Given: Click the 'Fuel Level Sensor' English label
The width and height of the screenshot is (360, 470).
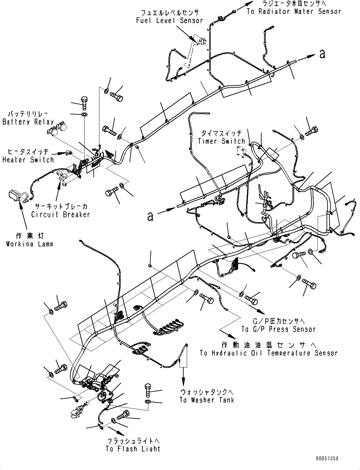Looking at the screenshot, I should point(169,21).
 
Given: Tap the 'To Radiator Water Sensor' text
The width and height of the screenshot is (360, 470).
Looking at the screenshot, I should point(294,12).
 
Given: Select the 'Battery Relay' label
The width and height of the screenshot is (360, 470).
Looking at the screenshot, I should point(28,122).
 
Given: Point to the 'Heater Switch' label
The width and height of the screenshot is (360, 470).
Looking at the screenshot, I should point(28,160).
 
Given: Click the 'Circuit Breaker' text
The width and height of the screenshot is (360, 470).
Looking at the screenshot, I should point(61,215).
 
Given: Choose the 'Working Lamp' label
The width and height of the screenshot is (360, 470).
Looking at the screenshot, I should point(29,244).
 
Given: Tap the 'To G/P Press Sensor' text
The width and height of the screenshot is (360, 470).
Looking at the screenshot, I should point(279,329).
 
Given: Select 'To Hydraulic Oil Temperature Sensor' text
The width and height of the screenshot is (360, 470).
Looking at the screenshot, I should point(269,353).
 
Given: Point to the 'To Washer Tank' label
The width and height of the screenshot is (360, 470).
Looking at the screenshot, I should point(207,400).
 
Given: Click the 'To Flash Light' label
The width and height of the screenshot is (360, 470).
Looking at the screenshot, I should point(133,449).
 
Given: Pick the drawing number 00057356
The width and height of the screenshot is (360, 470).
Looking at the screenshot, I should point(326,459).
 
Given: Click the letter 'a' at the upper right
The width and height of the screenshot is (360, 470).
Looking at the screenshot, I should point(322,54).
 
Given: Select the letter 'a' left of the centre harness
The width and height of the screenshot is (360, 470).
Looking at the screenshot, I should point(150,217).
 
